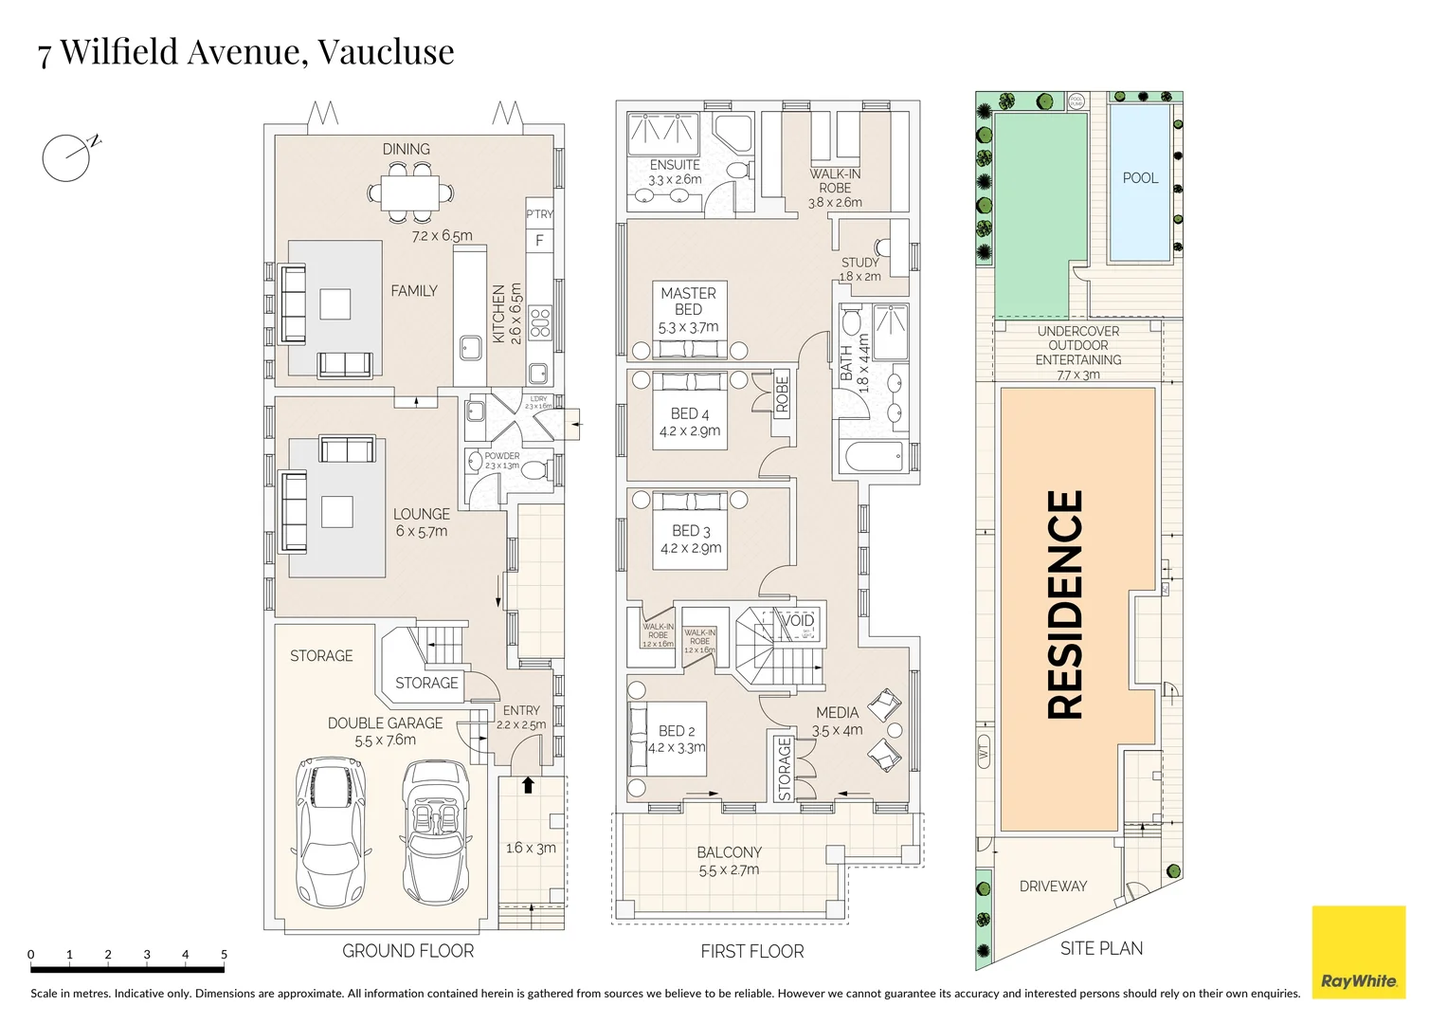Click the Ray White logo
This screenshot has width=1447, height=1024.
point(1358,952)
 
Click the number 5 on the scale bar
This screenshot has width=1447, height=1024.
point(224,955)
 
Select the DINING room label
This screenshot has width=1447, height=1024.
point(406,149)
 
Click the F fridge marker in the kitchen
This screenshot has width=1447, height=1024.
point(539,241)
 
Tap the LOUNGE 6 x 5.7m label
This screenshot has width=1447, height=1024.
point(422,522)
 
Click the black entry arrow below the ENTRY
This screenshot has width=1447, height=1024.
point(528,785)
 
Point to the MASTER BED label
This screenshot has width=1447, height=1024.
point(688,302)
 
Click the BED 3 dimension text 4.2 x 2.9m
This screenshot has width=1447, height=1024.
point(691,548)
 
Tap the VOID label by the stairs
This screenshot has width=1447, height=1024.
point(798,620)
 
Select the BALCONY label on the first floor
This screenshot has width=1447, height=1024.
point(729,852)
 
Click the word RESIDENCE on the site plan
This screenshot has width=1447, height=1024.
point(1065,604)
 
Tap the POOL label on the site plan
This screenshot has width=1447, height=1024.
point(1140,178)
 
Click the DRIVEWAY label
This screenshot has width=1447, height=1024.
point(1053,887)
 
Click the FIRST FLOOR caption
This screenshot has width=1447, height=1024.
point(751,951)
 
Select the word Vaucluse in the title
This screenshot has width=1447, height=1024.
point(385,51)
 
